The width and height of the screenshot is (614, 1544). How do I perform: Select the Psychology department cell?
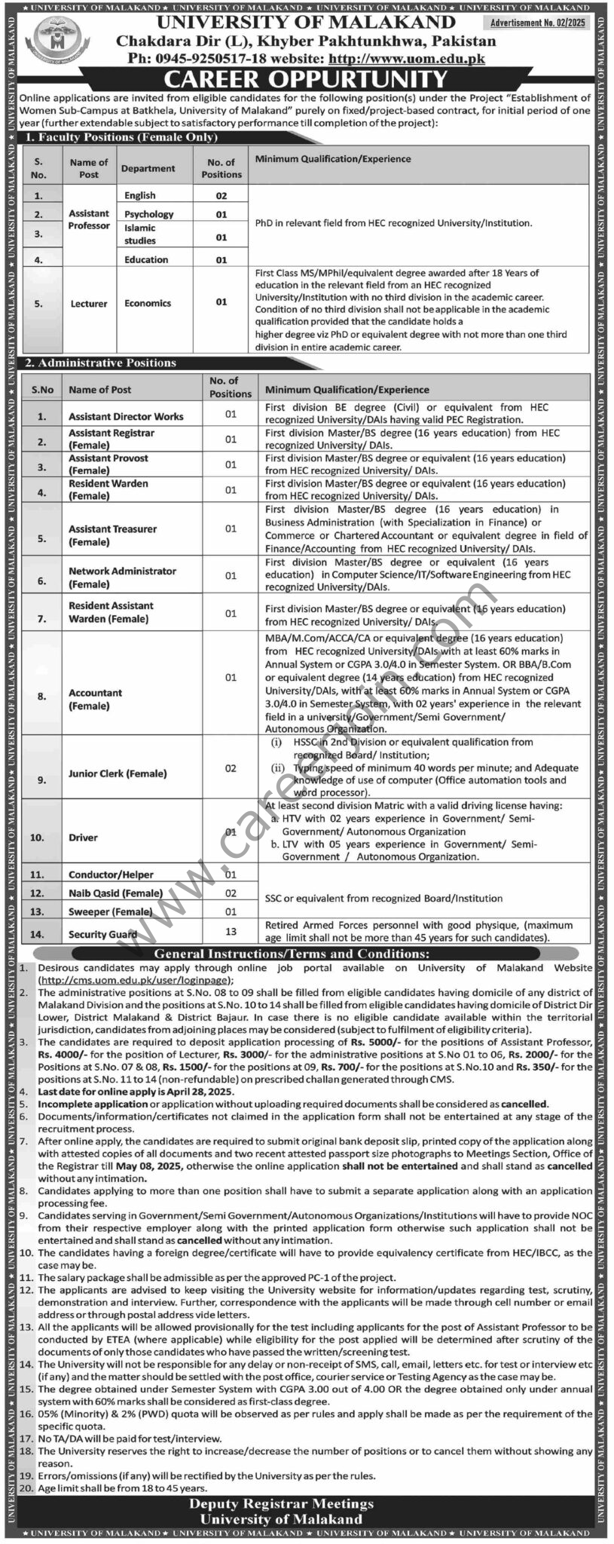click(148, 214)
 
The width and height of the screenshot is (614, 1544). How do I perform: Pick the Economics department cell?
click(148, 303)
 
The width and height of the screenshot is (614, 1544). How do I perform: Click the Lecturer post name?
click(89, 304)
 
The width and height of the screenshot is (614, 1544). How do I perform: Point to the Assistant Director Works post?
click(126, 416)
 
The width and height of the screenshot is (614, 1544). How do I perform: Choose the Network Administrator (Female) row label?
click(122, 577)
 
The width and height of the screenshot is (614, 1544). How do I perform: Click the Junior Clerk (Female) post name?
click(118, 774)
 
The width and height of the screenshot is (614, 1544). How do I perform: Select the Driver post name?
click(83, 838)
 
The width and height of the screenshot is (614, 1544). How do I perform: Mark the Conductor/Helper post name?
click(111, 875)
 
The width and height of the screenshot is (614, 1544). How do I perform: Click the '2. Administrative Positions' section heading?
click(100, 363)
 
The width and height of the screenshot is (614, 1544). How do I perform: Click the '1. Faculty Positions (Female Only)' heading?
click(121, 137)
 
